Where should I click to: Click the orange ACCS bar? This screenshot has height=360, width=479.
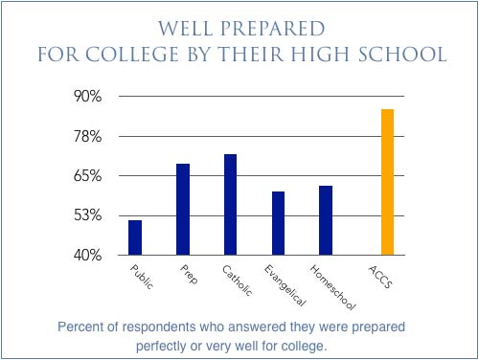click(387, 182)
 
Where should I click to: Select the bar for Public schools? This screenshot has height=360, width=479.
click(135, 237)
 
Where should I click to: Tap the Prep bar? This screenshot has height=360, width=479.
click(183, 210)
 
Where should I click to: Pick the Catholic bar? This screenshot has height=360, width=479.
click(230, 205)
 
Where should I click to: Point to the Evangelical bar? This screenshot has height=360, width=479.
click(278, 223)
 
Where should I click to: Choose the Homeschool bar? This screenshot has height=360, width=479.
click(326, 220)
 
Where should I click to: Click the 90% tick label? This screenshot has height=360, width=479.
click(88, 96)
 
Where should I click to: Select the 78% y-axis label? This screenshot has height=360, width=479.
click(88, 137)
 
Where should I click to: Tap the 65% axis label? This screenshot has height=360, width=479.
click(88, 176)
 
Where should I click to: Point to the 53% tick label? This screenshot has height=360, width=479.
click(88, 215)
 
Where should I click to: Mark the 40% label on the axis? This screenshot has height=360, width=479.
click(88, 256)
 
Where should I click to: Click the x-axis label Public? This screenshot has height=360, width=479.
click(142, 277)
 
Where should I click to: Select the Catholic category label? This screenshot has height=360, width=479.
click(237, 281)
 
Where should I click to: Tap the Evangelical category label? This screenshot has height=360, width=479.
click(285, 285)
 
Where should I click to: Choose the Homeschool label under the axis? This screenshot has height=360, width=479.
click(332, 287)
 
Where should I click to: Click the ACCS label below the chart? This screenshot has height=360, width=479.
click(380, 277)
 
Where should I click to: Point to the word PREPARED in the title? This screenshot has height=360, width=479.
click(272, 29)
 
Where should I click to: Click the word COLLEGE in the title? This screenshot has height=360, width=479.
click(132, 54)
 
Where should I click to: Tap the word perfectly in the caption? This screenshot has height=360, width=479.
click(161, 347)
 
